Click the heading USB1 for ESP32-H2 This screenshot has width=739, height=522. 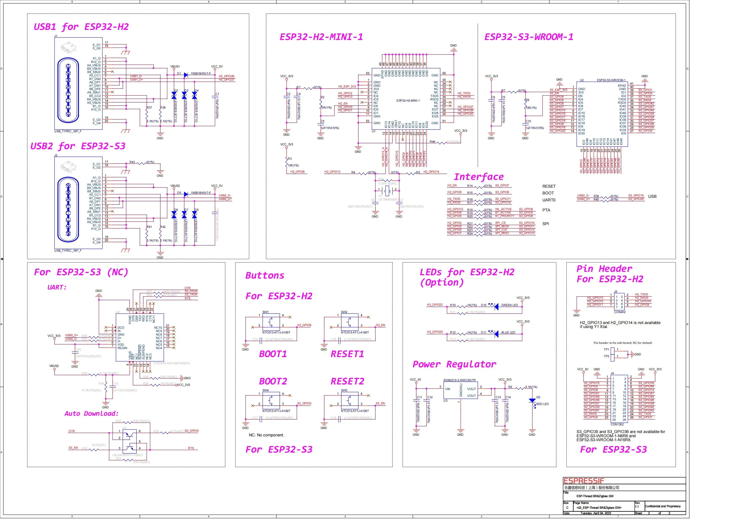[81, 27]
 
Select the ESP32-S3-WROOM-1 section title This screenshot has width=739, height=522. [529, 37]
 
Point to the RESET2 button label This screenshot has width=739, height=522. [347, 381]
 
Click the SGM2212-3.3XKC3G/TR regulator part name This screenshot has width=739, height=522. [459, 380]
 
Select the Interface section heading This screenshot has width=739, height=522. [479, 177]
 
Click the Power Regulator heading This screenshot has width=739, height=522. [454, 364]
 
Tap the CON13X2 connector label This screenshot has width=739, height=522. [617, 424]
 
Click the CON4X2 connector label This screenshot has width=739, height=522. [620, 312]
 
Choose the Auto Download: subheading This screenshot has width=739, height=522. [91, 414]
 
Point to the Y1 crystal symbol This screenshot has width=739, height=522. [387, 191]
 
